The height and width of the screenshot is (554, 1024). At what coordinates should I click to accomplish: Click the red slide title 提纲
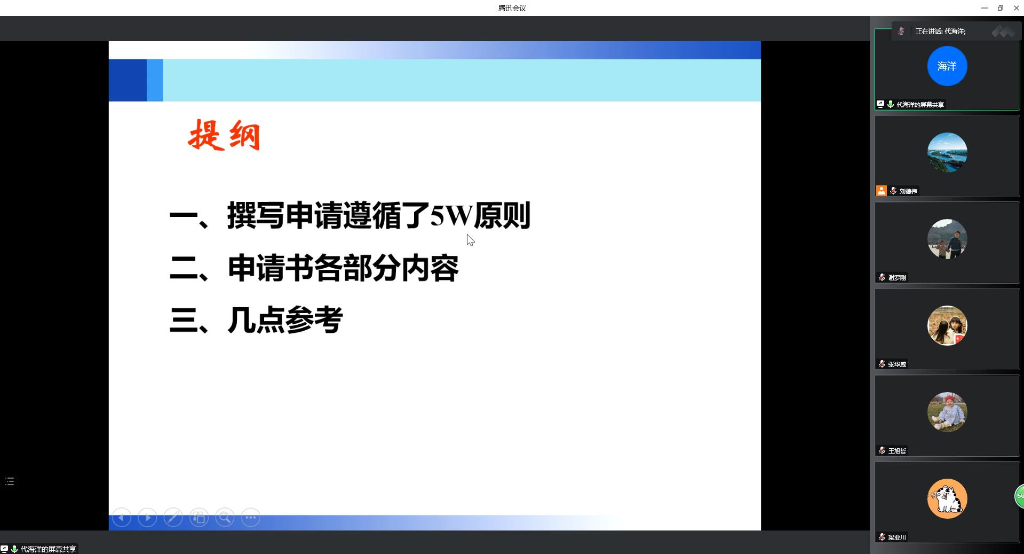(224, 135)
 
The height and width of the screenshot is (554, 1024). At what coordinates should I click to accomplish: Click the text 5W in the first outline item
(451, 215)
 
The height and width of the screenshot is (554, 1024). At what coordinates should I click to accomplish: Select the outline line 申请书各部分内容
(343, 268)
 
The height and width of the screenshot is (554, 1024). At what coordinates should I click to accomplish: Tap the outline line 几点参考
(285, 320)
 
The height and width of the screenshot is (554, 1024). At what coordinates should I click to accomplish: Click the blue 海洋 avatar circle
(947, 66)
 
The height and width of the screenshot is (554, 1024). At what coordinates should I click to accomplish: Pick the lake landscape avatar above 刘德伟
(947, 152)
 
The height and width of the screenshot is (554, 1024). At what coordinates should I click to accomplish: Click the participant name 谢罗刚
(897, 278)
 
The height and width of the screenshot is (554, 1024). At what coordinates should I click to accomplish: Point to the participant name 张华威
(897, 364)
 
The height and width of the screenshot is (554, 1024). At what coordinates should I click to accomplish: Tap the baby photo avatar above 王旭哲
(947, 412)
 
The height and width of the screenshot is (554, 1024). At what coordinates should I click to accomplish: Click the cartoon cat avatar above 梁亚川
(947, 498)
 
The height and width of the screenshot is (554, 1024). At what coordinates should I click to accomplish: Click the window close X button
(1016, 8)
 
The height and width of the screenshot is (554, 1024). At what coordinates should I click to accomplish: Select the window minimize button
(984, 8)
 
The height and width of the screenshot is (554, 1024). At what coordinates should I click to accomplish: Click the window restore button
(1000, 8)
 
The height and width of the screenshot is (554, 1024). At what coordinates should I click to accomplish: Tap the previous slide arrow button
(122, 518)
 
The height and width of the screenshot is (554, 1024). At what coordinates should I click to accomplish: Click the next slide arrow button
(147, 518)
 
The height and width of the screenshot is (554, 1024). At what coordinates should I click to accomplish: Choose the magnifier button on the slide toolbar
(225, 518)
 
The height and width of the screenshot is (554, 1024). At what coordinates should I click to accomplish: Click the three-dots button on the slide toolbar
(251, 518)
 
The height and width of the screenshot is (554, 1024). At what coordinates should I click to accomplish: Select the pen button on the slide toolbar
(173, 518)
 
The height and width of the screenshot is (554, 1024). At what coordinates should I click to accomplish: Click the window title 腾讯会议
(512, 8)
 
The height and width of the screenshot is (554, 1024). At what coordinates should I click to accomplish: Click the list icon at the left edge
(10, 481)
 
